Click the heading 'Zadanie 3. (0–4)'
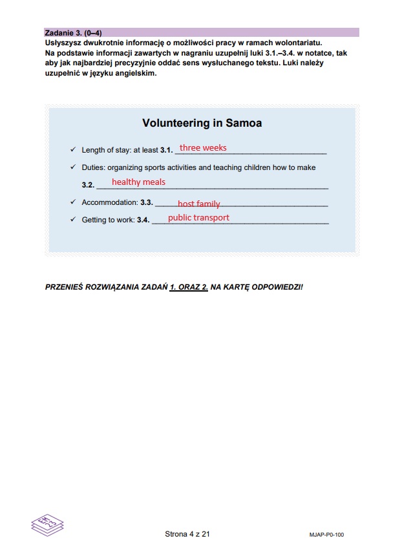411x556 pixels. coord(73,32)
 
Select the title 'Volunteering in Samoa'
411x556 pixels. coord(202,123)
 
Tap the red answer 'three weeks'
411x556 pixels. coord(203,148)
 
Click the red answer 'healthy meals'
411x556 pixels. coord(138,182)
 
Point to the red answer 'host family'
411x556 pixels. coord(199,204)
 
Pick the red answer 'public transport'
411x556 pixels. coord(198,218)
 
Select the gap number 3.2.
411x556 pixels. coord(88,185)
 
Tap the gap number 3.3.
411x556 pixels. coord(146,203)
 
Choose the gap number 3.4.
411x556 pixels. coord(143,220)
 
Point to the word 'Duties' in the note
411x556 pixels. coord(92,168)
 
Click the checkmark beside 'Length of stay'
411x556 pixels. coord(73,150)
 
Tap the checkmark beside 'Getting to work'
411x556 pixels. coord(73,220)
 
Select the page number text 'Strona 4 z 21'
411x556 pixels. coord(188,534)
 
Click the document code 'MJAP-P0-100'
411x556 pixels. coord(326,535)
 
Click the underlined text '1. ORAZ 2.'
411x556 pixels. coord(189,286)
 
